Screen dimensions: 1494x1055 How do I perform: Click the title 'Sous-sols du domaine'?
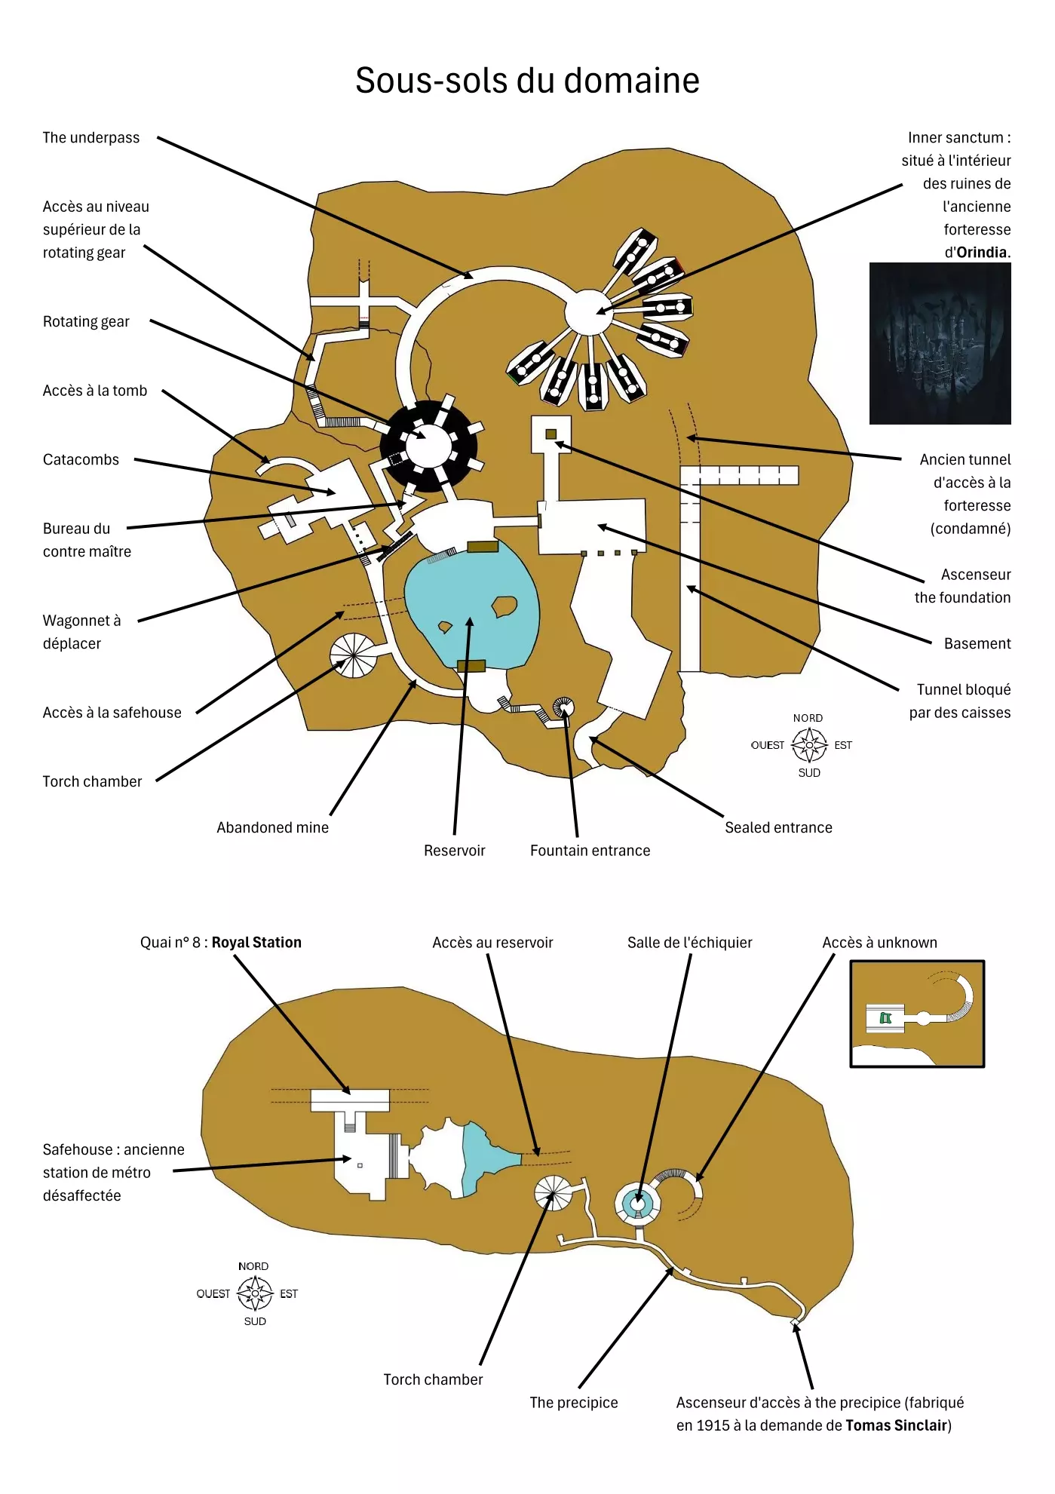tap(527, 81)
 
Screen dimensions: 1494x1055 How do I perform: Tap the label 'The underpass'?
tap(91, 138)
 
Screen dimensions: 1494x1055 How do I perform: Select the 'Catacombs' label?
tap(81, 460)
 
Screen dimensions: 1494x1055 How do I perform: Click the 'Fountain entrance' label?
tap(590, 851)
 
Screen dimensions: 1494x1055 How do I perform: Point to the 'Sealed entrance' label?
tap(778, 828)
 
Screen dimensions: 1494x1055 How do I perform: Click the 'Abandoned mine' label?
tap(272, 828)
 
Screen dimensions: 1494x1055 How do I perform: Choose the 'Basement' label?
tap(977, 644)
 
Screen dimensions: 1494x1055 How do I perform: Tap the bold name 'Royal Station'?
tap(256, 943)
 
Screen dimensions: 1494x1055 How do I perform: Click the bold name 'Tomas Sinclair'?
tap(896, 1426)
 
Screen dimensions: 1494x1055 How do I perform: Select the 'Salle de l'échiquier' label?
tap(689, 943)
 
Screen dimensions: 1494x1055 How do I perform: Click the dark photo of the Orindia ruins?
tap(940, 344)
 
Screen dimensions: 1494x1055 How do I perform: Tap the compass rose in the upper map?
tap(809, 745)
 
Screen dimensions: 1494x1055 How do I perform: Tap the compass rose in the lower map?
tap(255, 1294)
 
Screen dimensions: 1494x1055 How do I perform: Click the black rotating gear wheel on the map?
tap(428, 446)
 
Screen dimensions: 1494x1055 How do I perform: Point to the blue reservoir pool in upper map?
tap(471, 603)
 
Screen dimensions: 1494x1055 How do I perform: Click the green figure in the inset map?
tap(886, 1019)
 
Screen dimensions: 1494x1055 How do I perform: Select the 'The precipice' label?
tap(573, 1403)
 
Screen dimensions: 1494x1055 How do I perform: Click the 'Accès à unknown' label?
tap(879, 943)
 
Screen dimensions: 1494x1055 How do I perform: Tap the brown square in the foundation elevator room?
tap(551, 434)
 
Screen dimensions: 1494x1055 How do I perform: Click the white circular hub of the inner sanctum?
tap(588, 312)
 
